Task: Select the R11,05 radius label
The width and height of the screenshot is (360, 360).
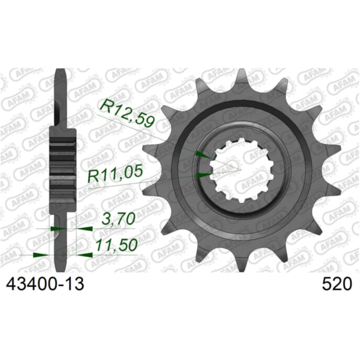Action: [x=116, y=175]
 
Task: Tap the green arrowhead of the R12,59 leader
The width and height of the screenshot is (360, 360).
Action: [x=202, y=155]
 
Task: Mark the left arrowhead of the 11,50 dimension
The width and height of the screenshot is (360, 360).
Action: [x=40, y=254]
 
